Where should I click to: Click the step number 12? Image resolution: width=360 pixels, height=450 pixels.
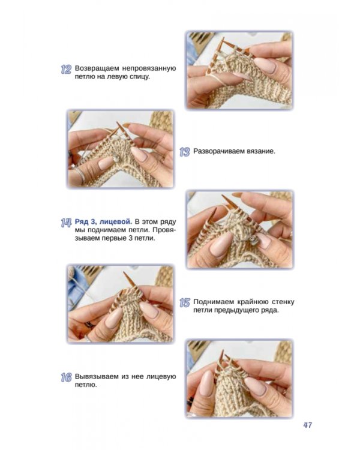pos(66,70)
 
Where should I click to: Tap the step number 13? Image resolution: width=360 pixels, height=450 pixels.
pos(185,152)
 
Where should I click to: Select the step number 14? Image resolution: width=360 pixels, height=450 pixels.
pos(66,223)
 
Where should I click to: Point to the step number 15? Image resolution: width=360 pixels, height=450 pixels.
pos(185,302)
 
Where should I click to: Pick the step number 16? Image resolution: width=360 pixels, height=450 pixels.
pos(66,377)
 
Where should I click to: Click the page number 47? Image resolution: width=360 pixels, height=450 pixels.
pos(307,425)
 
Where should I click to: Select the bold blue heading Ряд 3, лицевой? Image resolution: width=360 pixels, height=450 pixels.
pos(103,222)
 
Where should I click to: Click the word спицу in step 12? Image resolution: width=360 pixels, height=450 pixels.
pos(139,77)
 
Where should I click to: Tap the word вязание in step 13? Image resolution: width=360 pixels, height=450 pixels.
pos(260,151)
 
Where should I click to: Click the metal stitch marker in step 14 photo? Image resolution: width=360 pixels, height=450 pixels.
pos(254,241)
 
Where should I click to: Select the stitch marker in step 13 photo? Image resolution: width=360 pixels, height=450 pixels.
pos(116,159)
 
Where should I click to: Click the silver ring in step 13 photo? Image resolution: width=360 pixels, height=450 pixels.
pos(80,175)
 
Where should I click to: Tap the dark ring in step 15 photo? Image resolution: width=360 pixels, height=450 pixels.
pos(89,325)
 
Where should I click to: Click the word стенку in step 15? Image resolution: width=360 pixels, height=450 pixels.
pos(283,302)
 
